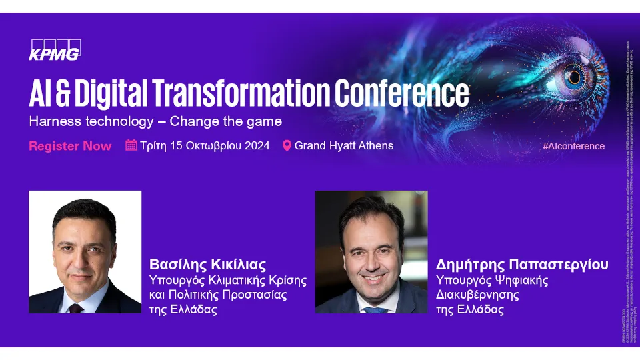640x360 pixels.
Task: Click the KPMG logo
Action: point(55,50)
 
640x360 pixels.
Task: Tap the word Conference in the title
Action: point(401,94)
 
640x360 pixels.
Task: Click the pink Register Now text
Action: point(70,146)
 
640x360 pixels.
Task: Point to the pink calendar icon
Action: point(131,145)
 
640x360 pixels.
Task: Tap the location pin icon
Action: point(287,145)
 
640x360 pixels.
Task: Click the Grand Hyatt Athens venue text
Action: point(344,145)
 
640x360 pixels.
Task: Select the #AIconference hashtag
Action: point(573,146)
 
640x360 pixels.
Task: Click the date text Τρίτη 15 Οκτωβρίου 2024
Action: point(205,145)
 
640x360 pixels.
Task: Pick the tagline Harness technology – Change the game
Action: point(155,121)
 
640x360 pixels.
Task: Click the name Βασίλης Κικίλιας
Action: point(207,264)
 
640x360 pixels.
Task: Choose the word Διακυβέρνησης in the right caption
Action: point(477,295)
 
